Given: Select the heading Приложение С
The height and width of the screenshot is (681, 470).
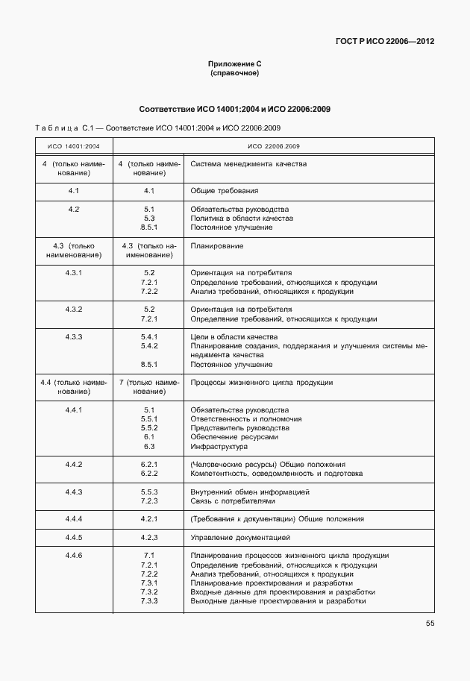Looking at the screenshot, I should (234, 65).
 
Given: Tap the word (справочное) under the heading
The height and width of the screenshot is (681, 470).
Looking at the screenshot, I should (234, 74).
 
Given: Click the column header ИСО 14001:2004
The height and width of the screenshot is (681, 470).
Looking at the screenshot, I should (74, 146).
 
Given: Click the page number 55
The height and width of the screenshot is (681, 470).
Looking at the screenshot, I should (430, 623).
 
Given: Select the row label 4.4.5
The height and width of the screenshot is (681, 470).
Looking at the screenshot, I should (74, 537).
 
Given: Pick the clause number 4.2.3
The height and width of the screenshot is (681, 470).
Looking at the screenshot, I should (148, 537).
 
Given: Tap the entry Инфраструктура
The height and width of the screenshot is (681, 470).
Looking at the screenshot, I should (220, 446).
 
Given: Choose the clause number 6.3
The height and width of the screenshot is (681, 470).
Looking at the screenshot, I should (148, 446).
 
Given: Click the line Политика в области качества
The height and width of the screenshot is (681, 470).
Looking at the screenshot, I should (242, 219).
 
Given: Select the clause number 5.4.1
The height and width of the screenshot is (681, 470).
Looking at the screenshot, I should (148, 337).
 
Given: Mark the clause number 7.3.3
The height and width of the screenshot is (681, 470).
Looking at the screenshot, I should (148, 600).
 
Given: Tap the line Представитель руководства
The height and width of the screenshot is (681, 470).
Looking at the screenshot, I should (239, 428).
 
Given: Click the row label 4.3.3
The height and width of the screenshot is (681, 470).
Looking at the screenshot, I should (74, 337).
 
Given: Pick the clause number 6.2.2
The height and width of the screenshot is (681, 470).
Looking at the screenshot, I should (148, 474).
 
